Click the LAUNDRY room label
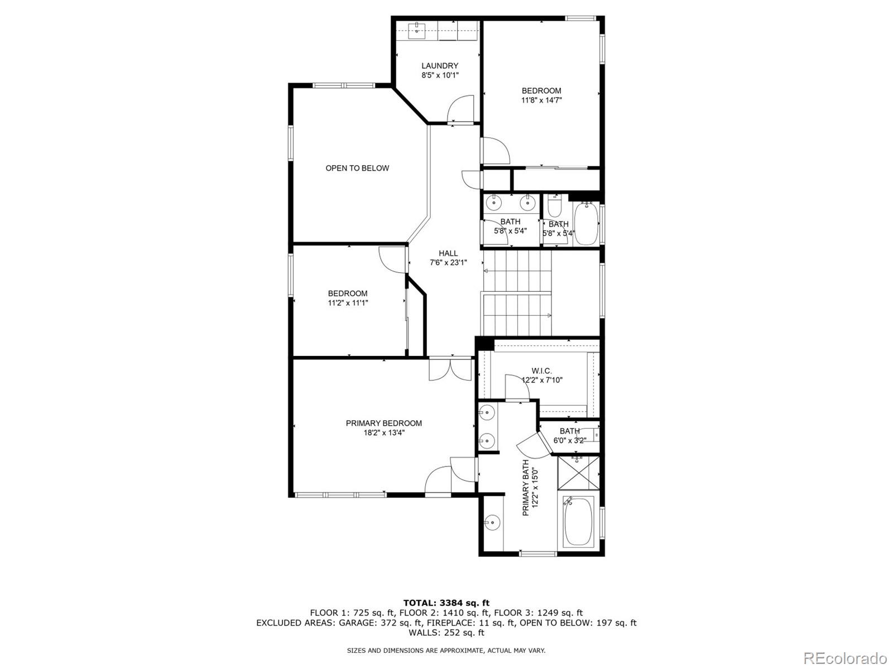pos(440,66)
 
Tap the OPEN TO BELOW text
pos(357,168)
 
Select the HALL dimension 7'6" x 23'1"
pos(448,262)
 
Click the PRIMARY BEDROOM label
pos(383,423)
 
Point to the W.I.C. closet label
pos(541,371)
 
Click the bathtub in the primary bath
pos(578,522)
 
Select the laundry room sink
pos(417,30)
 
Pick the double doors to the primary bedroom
pos(450,369)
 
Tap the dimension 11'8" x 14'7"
pos(541,100)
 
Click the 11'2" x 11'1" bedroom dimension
pos(348,303)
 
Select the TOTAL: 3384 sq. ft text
pos(446,603)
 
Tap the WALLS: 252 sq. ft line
pos(446,633)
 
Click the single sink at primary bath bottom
pos(492,523)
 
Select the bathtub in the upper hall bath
pos(585,224)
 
